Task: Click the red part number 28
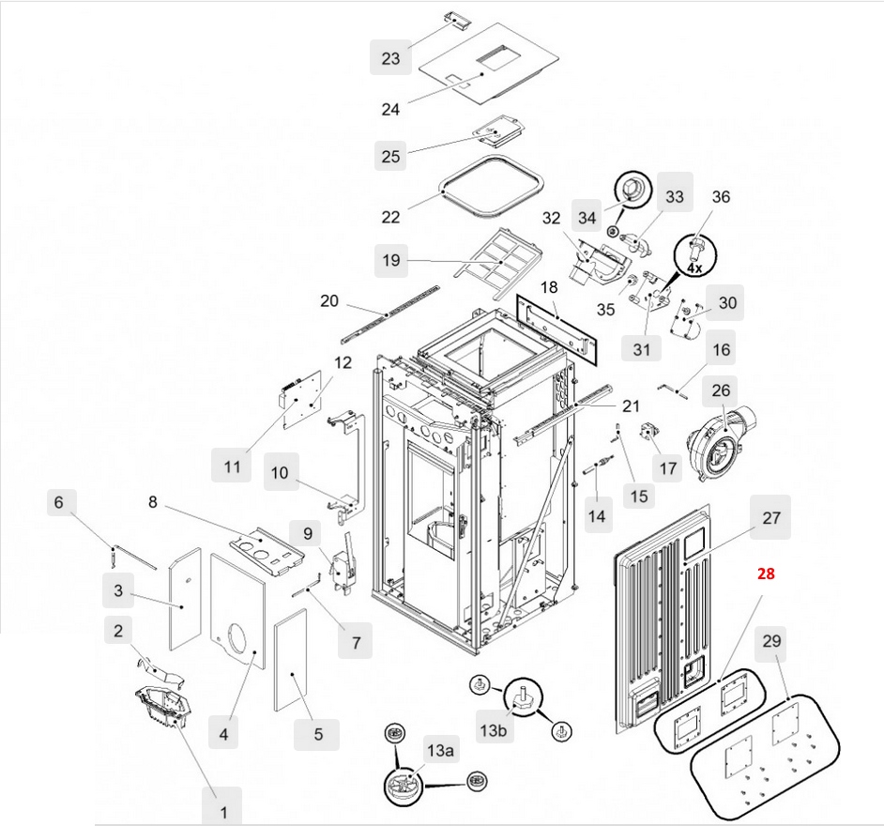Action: tap(766, 574)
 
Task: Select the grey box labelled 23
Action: tap(390, 58)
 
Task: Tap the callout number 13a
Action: tap(440, 750)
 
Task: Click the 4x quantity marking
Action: tap(693, 268)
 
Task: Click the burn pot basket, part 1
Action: tap(161, 706)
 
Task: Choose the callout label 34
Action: tap(587, 218)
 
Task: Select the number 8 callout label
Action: tap(153, 501)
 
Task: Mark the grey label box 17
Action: tap(665, 467)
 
